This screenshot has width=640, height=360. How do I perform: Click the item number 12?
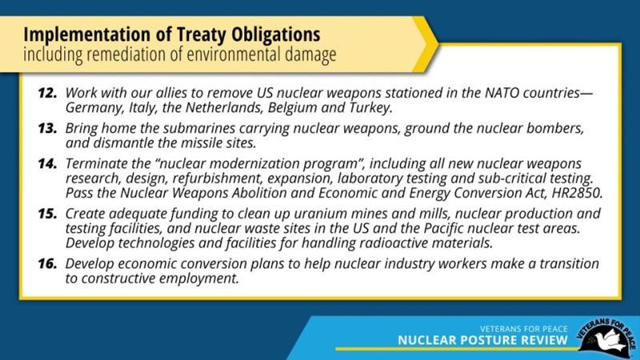point(47,93)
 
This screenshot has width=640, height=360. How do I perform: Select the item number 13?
point(47,129)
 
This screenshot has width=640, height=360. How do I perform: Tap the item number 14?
point(47,164)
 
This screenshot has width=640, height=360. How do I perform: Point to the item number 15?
point(47,214)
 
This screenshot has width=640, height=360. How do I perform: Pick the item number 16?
point(47,264)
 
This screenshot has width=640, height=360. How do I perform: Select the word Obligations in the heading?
point(276,35)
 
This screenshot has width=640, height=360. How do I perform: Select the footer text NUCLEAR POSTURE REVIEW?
point(483,340)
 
